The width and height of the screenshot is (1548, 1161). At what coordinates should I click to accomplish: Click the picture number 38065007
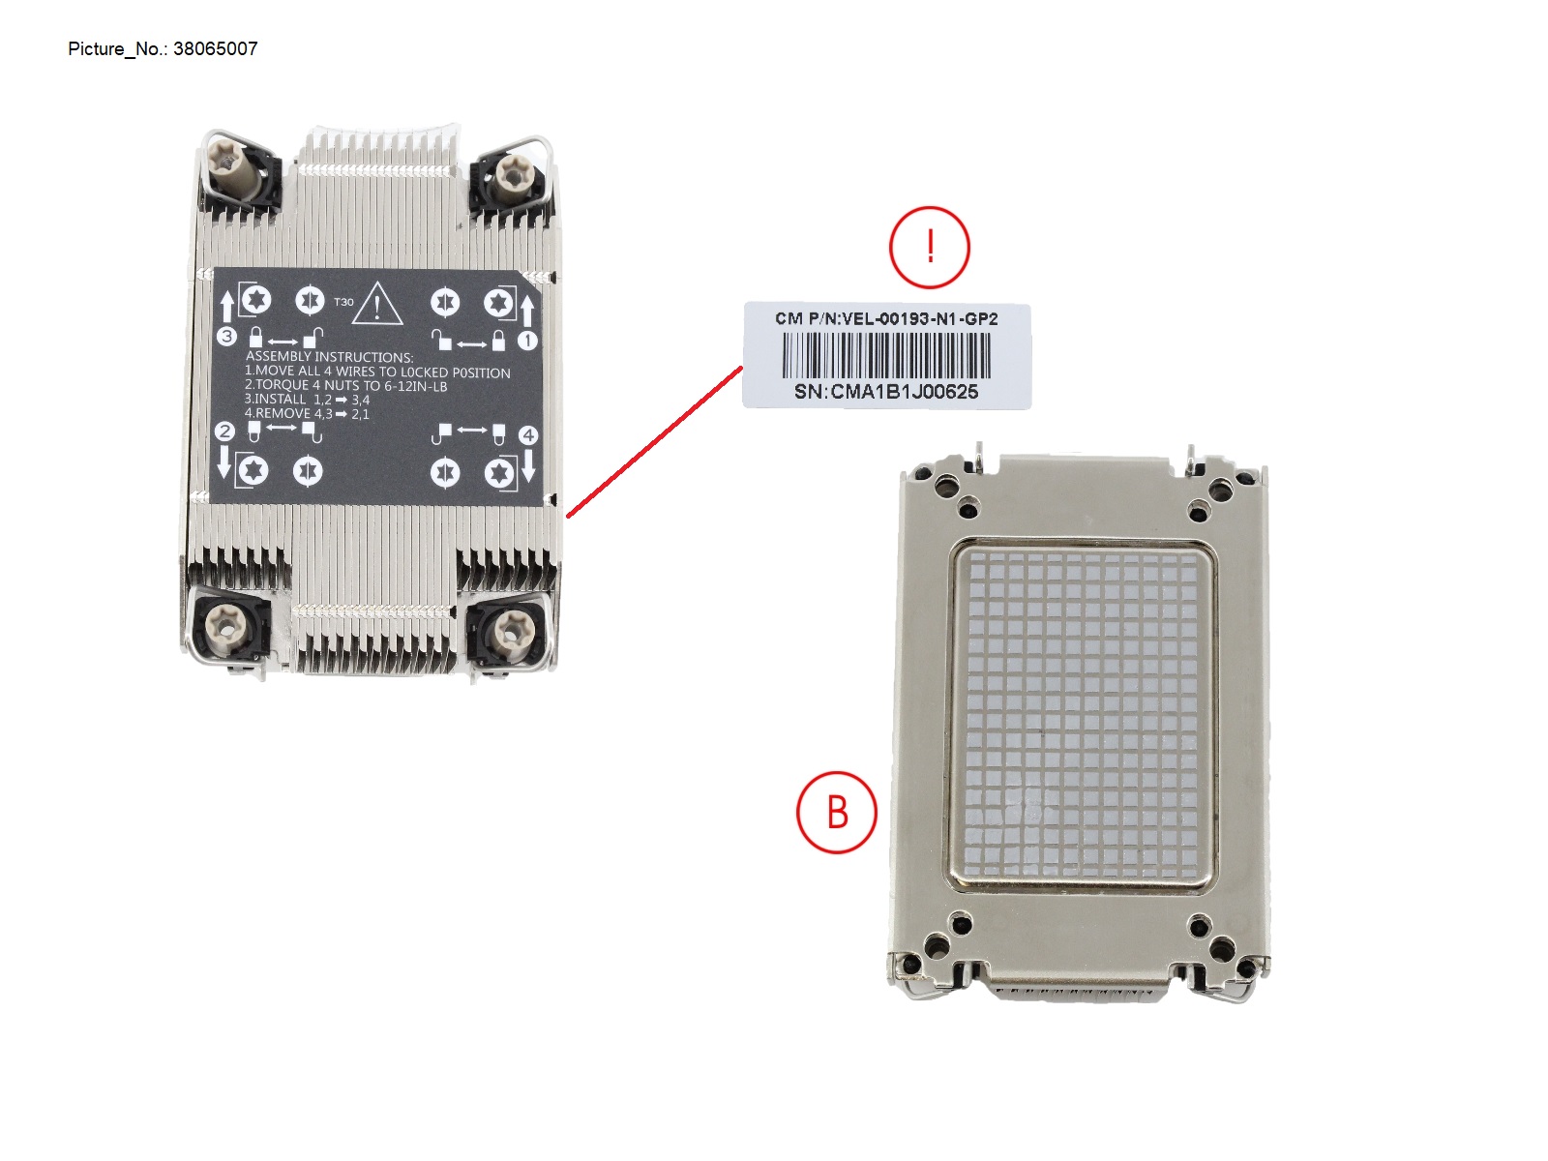[x=215, y=48]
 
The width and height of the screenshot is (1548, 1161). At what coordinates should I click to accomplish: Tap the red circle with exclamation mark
[x=929, y=247]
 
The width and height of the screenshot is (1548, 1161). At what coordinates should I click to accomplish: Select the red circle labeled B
[x=836, y=812]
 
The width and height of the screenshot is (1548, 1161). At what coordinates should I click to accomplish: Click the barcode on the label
[x=885, y=355]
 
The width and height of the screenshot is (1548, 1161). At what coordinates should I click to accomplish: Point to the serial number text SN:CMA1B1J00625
[x=885, y=392]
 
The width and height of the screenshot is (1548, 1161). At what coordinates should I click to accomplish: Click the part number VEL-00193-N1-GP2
[x=919, y=318]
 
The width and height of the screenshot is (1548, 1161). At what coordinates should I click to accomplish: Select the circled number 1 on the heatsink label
[x=527, y=341]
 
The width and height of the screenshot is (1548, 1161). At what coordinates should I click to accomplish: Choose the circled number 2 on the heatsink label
[x=224, y=432]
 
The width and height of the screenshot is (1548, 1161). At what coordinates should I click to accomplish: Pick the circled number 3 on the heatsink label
[x=226, y=337]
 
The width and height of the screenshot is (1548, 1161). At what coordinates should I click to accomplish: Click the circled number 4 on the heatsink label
[x=528, y=435]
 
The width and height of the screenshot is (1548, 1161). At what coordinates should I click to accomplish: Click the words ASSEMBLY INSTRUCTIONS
[x=329, y=357]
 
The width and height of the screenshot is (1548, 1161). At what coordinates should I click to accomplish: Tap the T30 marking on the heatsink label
[x=343, y=302]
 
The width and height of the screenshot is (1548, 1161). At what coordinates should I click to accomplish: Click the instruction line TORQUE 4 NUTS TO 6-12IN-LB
[x=345, y=385]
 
